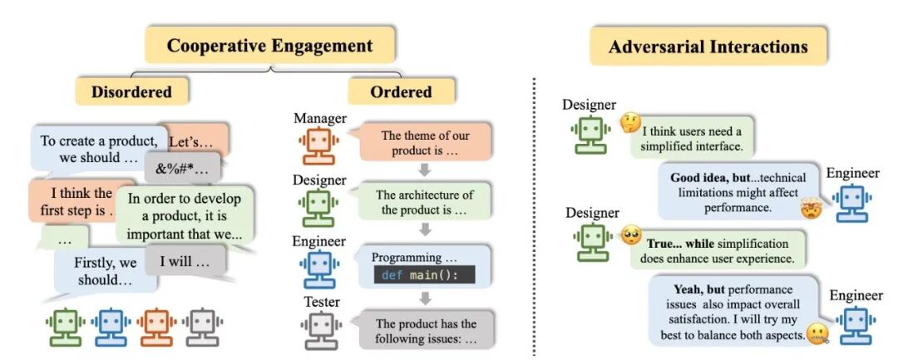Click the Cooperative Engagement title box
coord(269,45)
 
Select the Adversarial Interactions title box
coord(708,47)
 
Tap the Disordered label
coord(131,91)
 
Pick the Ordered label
coord(401,91)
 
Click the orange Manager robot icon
coord(319,146)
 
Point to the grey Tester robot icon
coord(320,330)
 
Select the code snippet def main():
coord(424,275)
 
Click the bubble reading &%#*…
coord(182,169)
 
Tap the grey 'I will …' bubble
coord(185,263)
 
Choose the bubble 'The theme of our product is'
coord(425,143)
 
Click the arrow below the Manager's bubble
coord(424,170)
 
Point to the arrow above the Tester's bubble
coord(424,298)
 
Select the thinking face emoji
coord(630,122)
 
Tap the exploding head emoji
coord(812,209)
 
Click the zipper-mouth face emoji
coord(817,333)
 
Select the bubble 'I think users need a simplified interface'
coord(692,139)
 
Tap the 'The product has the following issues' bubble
coord(426,330)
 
